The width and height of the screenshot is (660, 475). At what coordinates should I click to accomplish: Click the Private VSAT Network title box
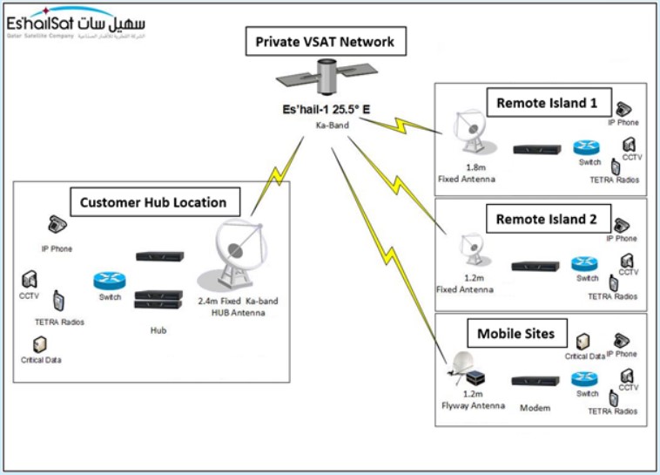325,41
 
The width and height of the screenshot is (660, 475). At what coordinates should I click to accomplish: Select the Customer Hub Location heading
153,203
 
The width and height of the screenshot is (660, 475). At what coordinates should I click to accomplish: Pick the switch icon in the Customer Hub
111,281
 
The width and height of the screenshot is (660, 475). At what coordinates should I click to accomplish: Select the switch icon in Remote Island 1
583,148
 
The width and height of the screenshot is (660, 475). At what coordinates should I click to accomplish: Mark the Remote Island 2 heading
541,219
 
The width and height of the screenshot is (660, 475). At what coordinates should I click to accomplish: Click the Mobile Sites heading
522,332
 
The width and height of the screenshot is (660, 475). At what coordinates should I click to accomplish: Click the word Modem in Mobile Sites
535,407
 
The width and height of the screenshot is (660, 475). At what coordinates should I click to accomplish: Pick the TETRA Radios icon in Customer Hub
59,302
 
